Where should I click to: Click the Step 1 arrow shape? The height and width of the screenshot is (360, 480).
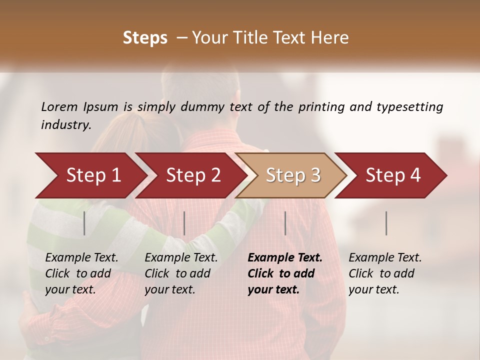[92, 175]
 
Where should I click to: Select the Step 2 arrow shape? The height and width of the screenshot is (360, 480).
[192, 175]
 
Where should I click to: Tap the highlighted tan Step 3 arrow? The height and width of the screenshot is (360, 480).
[292, 175]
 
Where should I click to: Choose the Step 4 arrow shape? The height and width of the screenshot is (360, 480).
[392, 175]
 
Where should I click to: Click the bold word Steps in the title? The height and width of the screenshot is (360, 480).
[145, 38]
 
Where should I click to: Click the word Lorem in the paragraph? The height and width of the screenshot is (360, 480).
[59, 107]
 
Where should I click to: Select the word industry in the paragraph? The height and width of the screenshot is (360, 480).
[65, 125]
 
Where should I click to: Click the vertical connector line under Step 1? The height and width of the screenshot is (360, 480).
[84, 223]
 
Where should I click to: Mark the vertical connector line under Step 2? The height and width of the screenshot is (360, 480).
[184, 223]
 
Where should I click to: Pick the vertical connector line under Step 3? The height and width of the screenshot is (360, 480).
[285, 223]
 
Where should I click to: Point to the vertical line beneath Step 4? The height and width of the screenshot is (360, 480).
[386, 223]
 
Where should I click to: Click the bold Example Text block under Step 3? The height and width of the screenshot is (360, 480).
[285, 273]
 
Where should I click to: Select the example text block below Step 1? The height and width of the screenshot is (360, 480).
[81, 273]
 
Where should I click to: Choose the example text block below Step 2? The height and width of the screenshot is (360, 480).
[181, 273]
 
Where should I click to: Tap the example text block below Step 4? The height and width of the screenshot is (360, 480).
[385, 273]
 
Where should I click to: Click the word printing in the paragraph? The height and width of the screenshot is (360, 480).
[321, 107]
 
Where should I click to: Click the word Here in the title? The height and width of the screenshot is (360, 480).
[332, 38]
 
